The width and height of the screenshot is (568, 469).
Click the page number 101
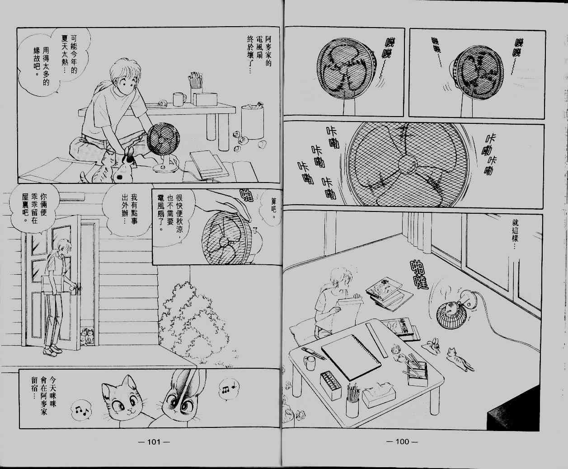pos(154,442)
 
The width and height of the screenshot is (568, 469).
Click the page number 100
pos(402,441)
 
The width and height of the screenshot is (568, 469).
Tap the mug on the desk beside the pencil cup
pos(179,99)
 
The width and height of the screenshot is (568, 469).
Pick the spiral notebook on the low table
pos(351,356)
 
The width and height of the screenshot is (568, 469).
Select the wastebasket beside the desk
pos(253,122)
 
